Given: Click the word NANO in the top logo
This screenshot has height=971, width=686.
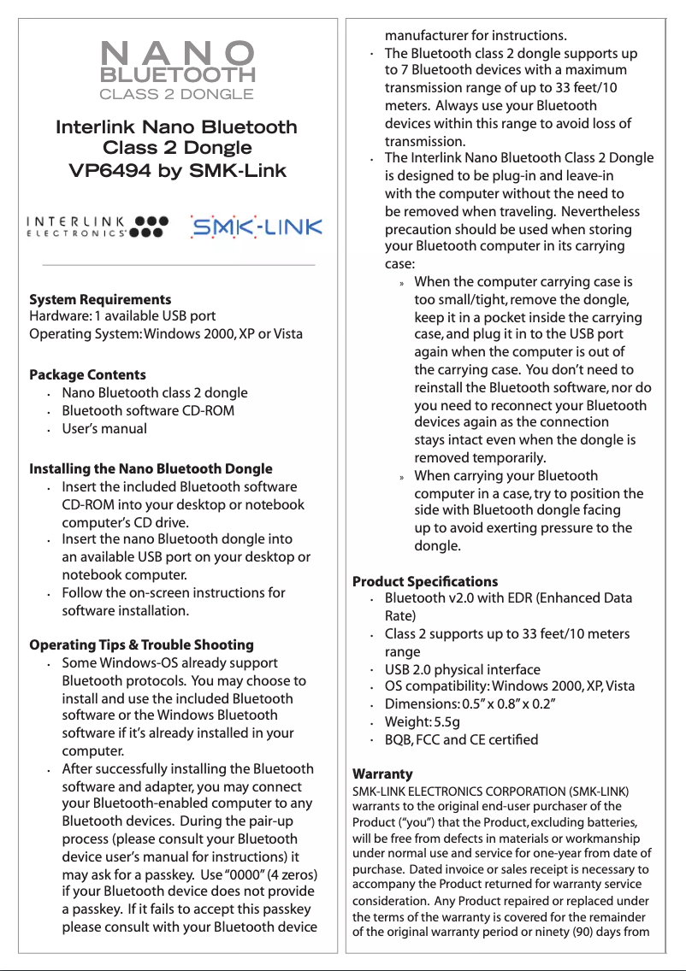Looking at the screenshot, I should point(177,52).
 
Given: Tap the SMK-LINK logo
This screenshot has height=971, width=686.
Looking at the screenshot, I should point(256,227).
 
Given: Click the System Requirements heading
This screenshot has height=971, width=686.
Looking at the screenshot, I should point(100,299).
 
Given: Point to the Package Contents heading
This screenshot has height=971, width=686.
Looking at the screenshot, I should point(87,374).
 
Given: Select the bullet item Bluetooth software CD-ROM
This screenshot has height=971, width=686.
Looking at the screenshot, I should point(148,410).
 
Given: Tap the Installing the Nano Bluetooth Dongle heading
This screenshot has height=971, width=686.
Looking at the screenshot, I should point(151,468).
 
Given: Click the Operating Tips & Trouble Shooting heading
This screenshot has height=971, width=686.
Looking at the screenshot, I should point(141,644).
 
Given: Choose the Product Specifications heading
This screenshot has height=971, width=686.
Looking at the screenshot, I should point(425,581).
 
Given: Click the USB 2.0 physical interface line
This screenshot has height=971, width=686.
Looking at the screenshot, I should point(462,669).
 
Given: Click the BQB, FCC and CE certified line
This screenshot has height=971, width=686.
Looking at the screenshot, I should point(461,739).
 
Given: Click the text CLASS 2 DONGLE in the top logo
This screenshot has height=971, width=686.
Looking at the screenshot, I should point(177,93).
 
